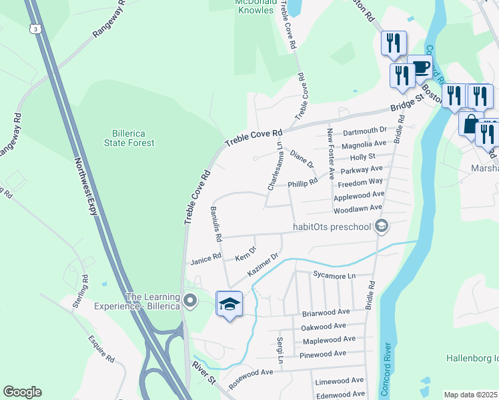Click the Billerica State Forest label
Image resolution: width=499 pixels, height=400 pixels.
[129, 137]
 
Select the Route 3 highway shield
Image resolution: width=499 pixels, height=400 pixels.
[35, 29]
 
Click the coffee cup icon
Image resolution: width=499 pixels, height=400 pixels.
[420, 67]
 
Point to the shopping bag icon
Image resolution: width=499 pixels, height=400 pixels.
[470, 124]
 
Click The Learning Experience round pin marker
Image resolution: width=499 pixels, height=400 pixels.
[191, 301]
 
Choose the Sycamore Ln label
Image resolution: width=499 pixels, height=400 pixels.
[334, 275]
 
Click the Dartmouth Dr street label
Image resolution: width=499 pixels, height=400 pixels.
[364, 129]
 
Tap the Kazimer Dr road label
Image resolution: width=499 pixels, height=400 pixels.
[262, 265]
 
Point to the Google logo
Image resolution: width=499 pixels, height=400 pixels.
[22, 392]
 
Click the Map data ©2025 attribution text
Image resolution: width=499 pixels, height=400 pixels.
[470, 395]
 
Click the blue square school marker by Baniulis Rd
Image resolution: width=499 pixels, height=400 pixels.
[229, 304]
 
